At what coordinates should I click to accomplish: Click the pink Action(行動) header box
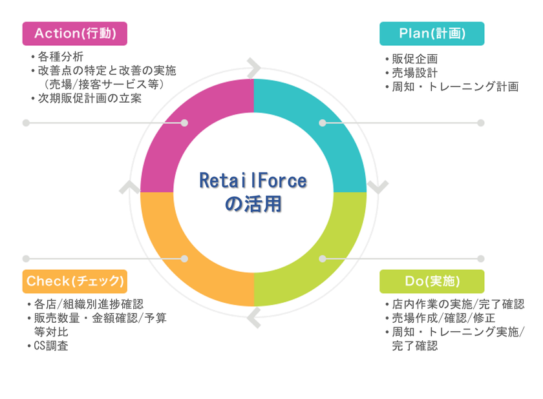[x=75, y=34]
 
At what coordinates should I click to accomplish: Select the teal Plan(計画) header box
[x=432, y=34]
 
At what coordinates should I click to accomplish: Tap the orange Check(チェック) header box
[x=75, y=281]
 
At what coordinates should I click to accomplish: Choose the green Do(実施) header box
[x=432, y=281]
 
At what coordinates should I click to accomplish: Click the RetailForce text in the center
[x=253, y=181]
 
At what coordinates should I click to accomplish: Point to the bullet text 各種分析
[x=61, y=56]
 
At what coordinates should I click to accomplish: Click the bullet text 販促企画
[x=415, y=59]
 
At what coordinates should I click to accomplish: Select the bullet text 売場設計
[x=415, y=72]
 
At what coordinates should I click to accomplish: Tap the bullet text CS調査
[x=51, y=346]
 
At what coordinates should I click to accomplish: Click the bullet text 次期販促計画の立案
[x=90, y=98]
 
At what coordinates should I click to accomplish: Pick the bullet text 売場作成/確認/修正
[x=443, y=318]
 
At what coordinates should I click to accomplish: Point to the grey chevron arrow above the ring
[x=254, y=68]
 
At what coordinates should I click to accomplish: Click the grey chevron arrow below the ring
[x=254, y=318]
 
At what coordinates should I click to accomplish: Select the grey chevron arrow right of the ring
[x=378, y=187]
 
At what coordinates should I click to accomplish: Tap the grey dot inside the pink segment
[x=185, y=123]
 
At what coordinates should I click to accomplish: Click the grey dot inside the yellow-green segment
[x=323, y=259]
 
